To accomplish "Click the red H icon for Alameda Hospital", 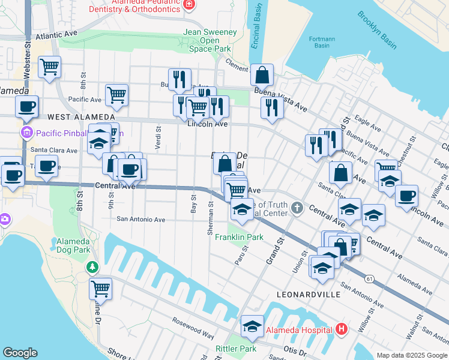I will [342, 329].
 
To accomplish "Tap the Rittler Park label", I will [236, 349].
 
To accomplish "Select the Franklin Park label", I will [240, 238].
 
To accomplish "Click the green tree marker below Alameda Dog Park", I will [92, 267].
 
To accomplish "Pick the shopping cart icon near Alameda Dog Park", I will [100, 288].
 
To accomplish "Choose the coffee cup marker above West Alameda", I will [26, 106].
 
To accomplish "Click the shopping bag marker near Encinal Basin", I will [262, 75].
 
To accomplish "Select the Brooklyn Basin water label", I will [378, 29].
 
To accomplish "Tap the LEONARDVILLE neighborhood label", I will [309, 295].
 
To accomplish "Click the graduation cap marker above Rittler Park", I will [252, 326].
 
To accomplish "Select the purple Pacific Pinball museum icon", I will [26, 132].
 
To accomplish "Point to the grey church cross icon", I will [297, 208].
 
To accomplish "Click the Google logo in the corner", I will [20, 353].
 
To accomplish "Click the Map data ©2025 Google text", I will [411, 355].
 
